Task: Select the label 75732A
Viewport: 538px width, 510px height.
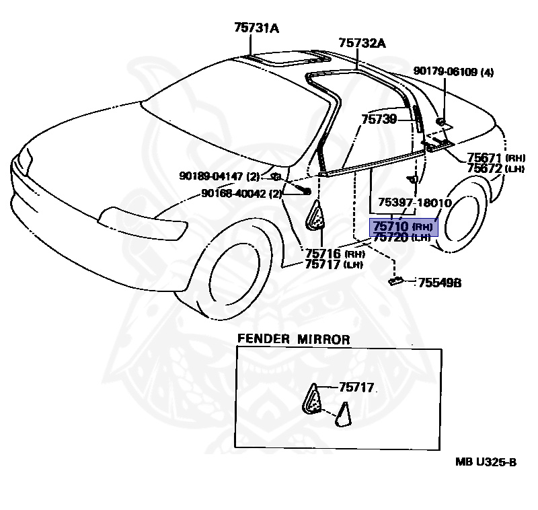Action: tap(362, 43)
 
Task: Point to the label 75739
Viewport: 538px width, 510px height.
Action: tap(379, 119)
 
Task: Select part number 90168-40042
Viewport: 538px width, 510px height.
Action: tap(232, 194)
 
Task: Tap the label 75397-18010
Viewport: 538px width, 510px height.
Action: tap(414, 203)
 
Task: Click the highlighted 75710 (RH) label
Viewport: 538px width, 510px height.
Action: tap(402, 227)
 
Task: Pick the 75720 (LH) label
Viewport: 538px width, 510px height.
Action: tap(401, 237)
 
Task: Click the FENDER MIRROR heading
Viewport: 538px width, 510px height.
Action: tap(293, 340)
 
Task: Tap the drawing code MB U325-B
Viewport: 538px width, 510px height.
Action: tap(486, 461)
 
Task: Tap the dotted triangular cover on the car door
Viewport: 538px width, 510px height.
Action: tap(316, 219)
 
